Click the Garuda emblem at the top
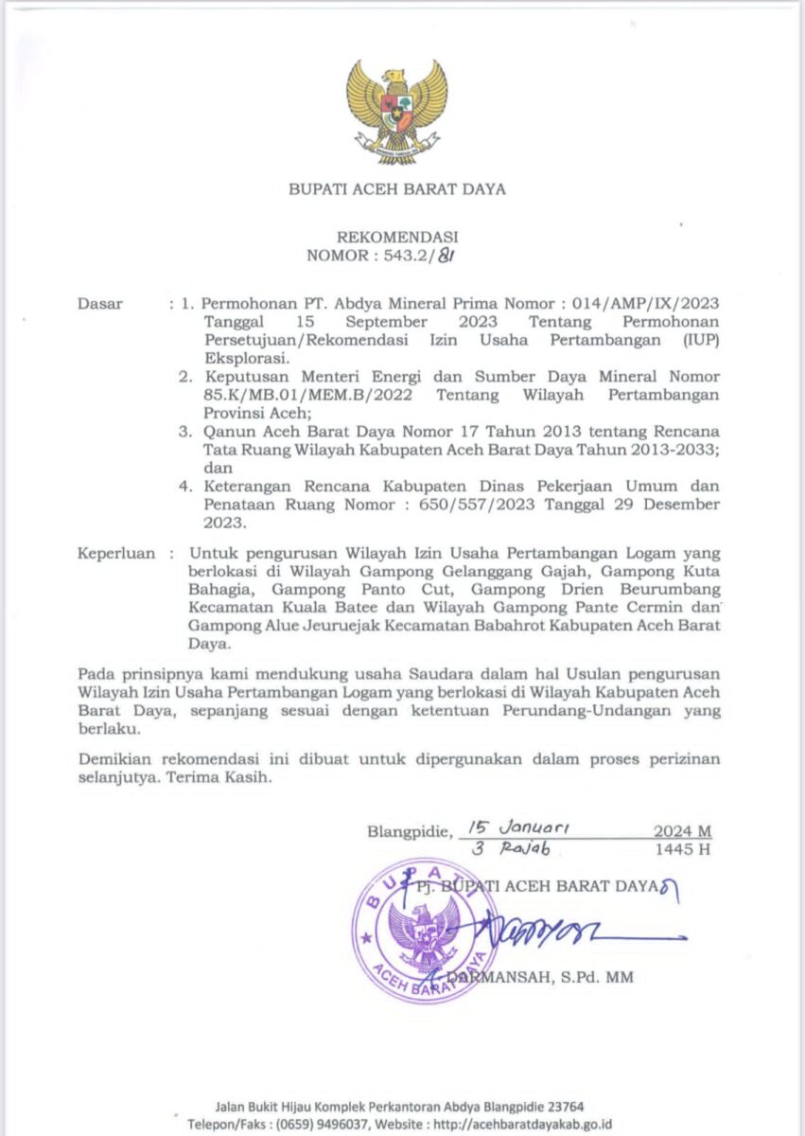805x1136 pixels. coord(396,112)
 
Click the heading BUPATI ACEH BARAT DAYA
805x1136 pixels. coord(397,189)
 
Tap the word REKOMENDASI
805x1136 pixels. coord(397,237)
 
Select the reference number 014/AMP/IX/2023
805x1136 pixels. coord(653,304)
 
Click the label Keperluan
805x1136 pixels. coord(114,553)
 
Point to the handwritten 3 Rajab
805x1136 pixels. coord(511,849)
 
